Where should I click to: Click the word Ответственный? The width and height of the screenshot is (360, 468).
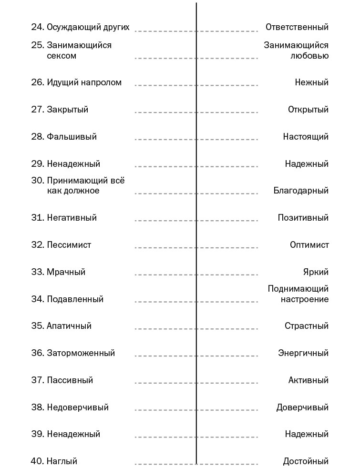297,27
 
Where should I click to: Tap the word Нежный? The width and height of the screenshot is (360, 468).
311,82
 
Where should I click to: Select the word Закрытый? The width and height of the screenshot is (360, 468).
67,110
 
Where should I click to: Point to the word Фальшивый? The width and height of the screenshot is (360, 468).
72,137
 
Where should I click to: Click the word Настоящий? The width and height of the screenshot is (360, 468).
306,137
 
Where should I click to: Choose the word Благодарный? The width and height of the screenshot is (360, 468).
301,191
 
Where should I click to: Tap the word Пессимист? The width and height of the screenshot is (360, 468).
69,245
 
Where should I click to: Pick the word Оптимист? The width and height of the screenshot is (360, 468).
309,245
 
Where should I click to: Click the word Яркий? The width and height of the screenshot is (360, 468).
316,272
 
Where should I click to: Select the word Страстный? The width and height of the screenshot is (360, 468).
307,326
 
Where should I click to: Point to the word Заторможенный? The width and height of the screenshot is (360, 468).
81,353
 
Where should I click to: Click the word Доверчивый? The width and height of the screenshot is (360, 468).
302,407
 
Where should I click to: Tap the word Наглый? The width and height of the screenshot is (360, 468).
62,461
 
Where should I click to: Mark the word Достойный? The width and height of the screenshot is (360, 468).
306,461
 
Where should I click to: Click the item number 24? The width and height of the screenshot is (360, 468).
37,27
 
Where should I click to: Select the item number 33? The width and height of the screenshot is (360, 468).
37,272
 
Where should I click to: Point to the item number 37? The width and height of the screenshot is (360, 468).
37,380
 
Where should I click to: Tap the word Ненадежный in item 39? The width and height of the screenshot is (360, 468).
73,434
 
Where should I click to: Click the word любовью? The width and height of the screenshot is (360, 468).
309,56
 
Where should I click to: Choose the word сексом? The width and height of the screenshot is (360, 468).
62,56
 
